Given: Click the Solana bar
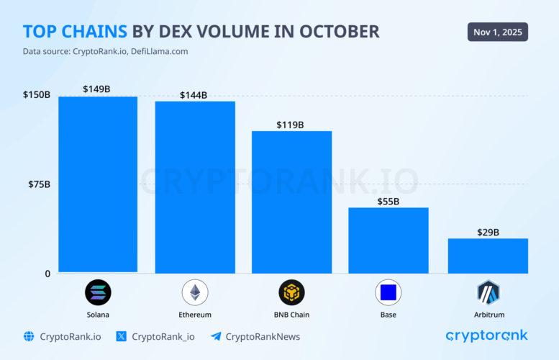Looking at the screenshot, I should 98,184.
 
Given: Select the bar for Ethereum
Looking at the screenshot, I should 195,187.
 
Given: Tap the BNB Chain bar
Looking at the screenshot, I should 291,202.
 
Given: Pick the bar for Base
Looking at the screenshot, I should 388,240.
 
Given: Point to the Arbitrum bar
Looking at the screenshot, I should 488,256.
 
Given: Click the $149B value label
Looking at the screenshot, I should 97,89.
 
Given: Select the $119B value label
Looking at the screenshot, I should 290,125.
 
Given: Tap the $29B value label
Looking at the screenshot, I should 488,232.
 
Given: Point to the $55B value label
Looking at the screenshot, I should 388,201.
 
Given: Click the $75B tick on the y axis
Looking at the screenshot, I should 37,184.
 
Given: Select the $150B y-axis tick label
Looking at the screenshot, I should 36,95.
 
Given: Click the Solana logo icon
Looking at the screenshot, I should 98,292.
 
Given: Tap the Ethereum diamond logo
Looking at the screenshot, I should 195,292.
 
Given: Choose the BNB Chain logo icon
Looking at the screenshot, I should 291,292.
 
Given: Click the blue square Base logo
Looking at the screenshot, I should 388,292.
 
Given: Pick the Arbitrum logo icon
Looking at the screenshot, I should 488,292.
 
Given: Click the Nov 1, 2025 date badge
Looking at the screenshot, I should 497,32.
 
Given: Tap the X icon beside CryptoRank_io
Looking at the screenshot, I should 121,336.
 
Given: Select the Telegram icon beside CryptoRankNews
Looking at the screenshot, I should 215,336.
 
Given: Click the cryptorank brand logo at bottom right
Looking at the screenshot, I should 486,336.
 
